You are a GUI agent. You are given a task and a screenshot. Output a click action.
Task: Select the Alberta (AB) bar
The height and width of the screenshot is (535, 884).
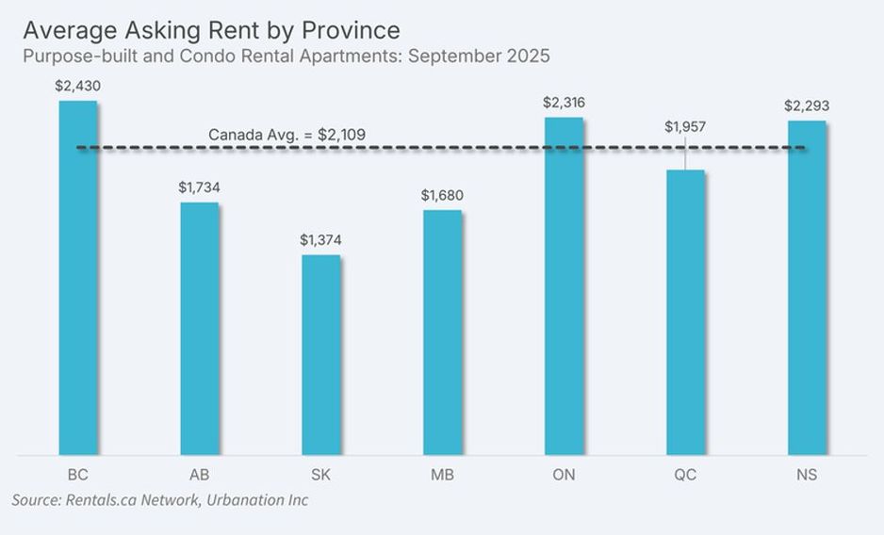(x=199, y=329)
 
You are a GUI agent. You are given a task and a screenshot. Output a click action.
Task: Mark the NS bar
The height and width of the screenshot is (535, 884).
(x=807, y=288)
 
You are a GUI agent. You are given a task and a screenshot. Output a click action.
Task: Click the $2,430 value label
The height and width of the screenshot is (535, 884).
(x=78, y=86)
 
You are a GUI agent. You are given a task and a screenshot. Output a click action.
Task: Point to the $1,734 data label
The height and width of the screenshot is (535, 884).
(x=199, y=187)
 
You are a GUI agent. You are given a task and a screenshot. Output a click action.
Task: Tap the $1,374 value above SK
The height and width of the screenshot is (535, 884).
(x=320, y=240)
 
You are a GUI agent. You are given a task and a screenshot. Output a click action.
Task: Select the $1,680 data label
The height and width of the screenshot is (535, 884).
(x=442, y=195)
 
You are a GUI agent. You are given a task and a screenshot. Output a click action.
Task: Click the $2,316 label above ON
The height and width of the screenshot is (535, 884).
(x=564, y=102)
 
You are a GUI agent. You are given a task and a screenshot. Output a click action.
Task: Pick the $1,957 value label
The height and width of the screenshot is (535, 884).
(x=685, y=126)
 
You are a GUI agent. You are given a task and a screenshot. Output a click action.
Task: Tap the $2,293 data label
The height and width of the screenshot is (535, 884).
(x=807, y=105)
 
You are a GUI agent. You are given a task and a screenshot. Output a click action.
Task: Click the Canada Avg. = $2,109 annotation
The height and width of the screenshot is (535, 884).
(x=286, y=135)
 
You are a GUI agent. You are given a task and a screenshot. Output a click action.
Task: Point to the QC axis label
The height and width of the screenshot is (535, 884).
(x=685, y=475)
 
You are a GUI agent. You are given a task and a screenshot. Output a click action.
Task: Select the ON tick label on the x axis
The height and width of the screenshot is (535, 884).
(x=564, y=475)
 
